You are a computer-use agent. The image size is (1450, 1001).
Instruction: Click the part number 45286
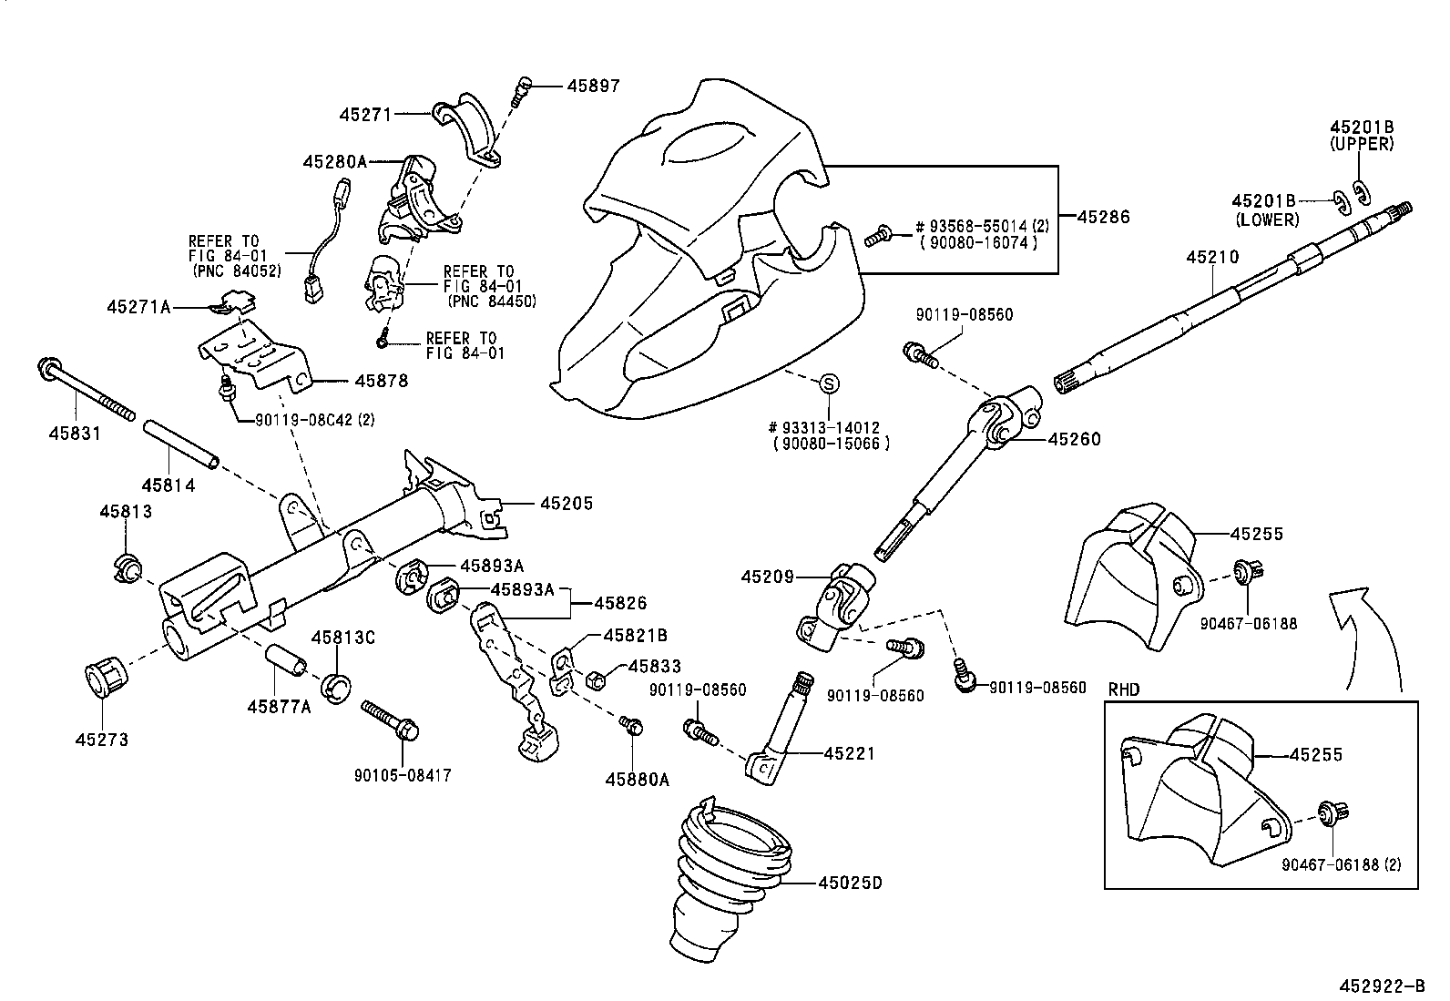pos(1103,217)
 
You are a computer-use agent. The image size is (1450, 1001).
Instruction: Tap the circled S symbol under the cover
pos(829,383)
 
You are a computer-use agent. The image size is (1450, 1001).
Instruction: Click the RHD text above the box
pos(1123,689)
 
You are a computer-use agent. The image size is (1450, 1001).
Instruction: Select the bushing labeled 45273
pos(105,679)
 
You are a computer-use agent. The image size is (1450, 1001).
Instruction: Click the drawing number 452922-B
pos(1381,986)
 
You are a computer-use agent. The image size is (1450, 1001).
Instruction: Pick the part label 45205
pos(566,503)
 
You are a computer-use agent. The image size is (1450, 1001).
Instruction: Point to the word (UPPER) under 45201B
pos(1361,144)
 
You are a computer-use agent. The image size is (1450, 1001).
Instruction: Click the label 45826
pos(620,602)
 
